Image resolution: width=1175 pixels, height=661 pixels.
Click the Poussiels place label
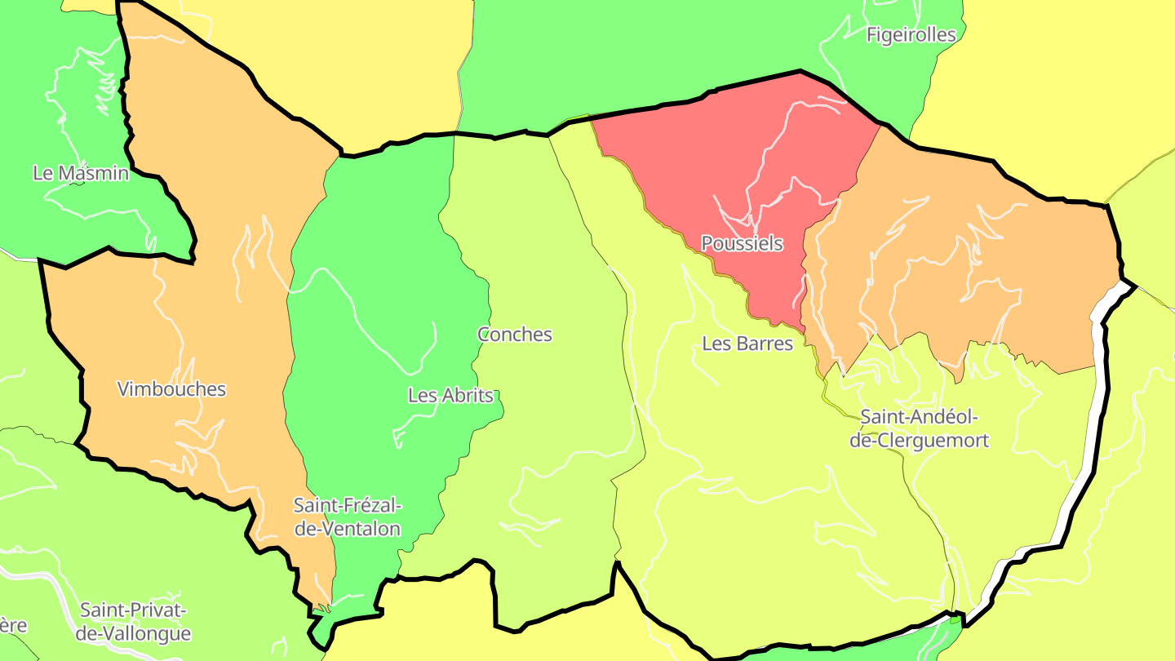742,243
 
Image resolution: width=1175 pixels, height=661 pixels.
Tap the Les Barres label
747,344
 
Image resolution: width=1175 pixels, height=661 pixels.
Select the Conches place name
514,335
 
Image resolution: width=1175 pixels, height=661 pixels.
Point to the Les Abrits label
450,396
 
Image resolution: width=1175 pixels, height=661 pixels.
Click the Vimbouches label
171,388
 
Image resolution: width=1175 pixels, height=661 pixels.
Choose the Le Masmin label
81,173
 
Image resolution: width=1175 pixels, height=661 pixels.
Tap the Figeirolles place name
911,34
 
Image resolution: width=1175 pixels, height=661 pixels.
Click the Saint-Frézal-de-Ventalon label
348,517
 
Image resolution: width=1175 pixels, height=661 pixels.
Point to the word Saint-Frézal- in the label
348,506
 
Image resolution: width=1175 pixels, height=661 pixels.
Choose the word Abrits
467,396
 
